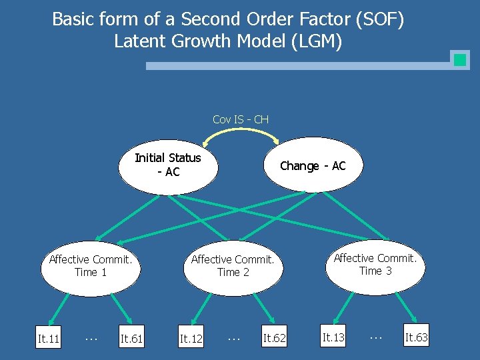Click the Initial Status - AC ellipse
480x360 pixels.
168,165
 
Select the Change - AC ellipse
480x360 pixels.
313,166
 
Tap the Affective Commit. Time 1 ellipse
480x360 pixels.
91,266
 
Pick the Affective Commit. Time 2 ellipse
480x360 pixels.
233,266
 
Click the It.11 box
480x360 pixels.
49,339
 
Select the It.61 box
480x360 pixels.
131,339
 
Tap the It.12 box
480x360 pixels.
191,339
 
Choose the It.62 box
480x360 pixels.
274,339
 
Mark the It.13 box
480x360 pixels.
333,338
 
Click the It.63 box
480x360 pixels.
417,338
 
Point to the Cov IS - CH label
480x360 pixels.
241,119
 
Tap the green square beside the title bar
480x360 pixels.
459,60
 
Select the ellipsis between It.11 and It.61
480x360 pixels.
91,338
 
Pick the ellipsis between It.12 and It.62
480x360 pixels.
233,338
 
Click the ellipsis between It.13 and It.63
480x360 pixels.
375,337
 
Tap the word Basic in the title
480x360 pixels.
73,19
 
